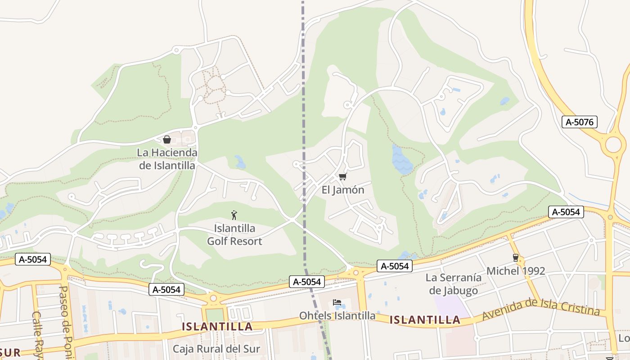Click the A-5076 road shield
tap(580, 122)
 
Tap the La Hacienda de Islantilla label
tap(167, 159)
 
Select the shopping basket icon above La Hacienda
tap(166, 139)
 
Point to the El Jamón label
tap(343, 190)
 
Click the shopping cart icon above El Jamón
tap(343, 176)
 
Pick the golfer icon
tap(234, 215)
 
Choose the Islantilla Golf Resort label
tap(234, 235)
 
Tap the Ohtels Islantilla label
tap(337, 316)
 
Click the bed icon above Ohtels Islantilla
tap(337, 302)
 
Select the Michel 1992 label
tap(516, 271)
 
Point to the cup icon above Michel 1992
tap(516, 258)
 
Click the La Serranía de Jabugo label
tap(454, 284)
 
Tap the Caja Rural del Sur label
tap(216, 349)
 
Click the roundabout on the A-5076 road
tap(613, 145)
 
